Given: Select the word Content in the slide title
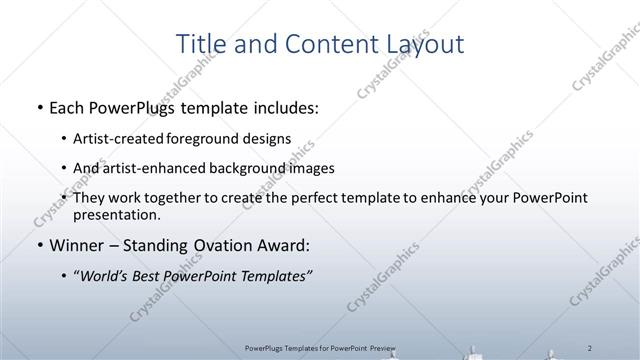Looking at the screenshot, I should coord(333,44).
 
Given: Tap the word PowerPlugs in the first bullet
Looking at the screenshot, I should coord(139,107).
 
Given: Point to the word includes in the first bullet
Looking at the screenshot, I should coord(283,107).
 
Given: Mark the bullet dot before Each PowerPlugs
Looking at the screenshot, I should coord(38,107).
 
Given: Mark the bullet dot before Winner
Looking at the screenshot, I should coord(38,245).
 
